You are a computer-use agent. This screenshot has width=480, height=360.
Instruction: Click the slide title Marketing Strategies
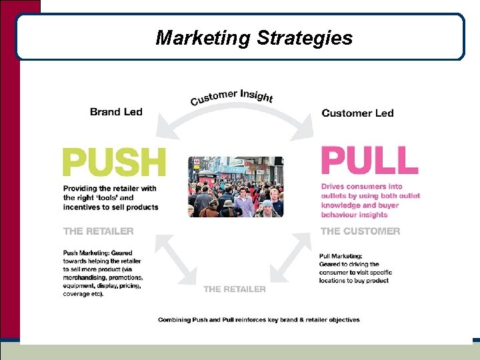click(254, 38)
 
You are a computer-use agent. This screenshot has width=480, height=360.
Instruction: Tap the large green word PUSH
click(114, 163)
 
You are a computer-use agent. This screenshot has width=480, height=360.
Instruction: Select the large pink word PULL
click(369, 161)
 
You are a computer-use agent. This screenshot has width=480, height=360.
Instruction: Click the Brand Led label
click(116, 112)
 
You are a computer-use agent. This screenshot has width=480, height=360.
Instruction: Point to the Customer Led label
click(357, 113)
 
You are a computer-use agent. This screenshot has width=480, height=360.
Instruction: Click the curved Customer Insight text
click(231, 97)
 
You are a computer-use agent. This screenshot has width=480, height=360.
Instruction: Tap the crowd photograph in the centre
click(235, 187)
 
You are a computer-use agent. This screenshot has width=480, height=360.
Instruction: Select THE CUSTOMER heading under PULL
click(361, 231)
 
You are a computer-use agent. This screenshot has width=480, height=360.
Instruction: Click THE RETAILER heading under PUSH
click(98, 231)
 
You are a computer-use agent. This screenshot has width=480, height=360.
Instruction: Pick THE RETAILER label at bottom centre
click(234, 289)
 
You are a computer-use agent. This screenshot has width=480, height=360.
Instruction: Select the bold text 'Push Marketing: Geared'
click(97, 253)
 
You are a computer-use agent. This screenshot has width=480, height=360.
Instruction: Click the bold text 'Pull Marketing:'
click(341, 256)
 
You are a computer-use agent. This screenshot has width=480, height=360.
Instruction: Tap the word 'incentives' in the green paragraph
click(85, 207)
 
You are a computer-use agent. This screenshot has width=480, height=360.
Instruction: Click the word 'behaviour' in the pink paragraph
click(344, 215)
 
